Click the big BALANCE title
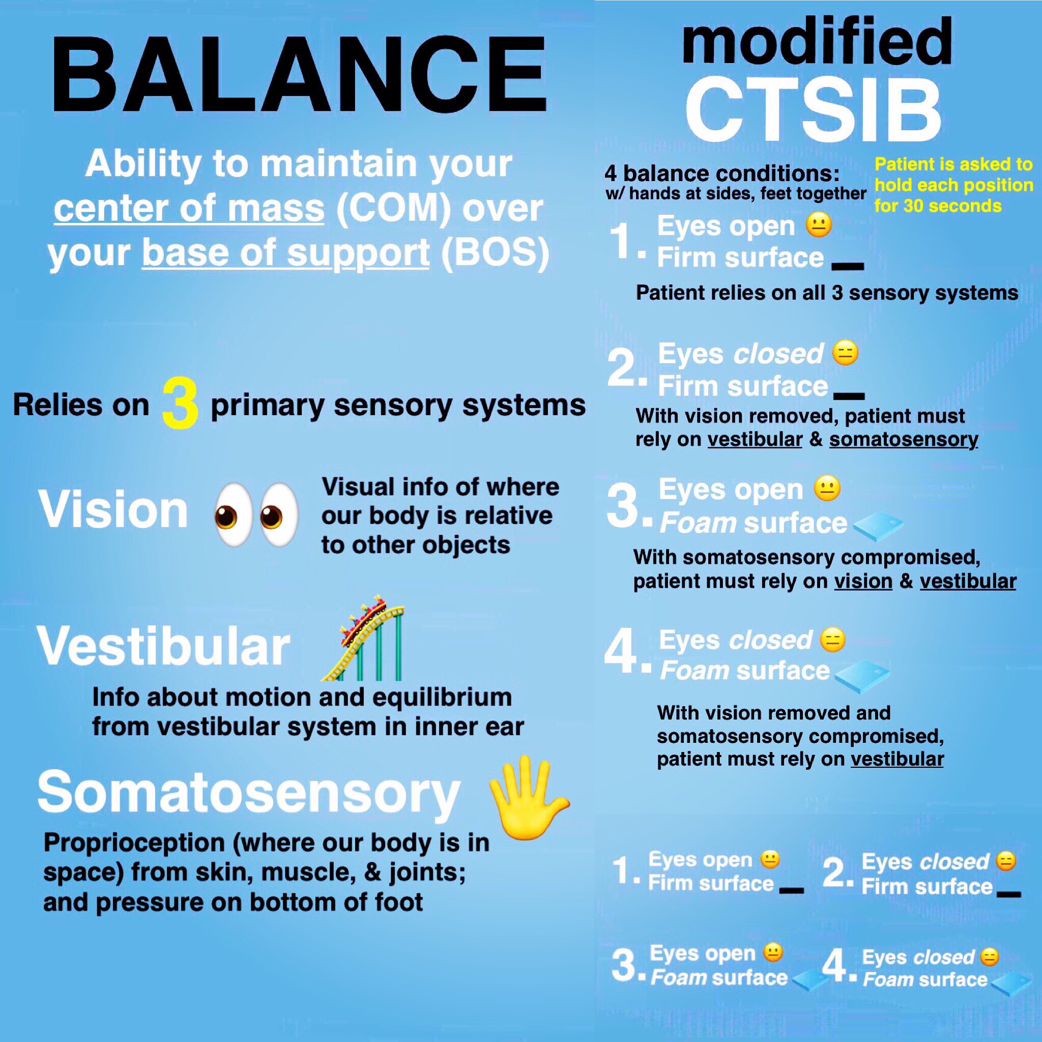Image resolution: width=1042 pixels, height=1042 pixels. (299, 75)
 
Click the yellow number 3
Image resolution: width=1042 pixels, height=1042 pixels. (180, 405)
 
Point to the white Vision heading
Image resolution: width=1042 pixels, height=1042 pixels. (113, 510)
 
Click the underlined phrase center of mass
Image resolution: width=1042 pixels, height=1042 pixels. (189, 208)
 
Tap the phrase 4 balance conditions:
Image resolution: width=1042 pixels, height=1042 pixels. (721, 173)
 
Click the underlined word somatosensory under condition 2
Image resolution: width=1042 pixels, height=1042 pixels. (904, 440)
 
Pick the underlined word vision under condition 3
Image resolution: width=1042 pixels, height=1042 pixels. (863, 582)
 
